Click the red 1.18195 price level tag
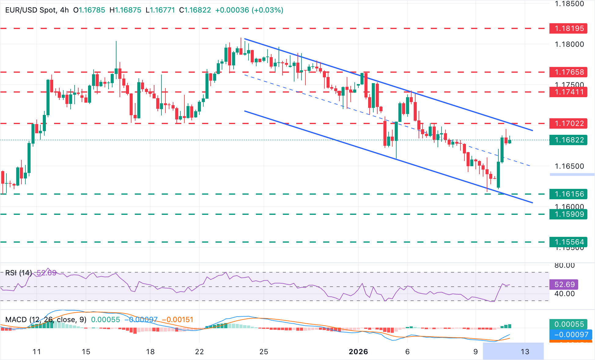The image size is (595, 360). (568, 28)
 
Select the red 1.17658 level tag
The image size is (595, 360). (568, 72)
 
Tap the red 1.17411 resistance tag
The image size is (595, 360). (568, 92)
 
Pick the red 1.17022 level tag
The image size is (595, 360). (568, 123)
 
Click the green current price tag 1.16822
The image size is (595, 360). (568, 140)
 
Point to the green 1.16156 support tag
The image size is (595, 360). (568, 194)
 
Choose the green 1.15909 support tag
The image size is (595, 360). (568, 214)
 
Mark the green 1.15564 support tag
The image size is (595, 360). (568, 242)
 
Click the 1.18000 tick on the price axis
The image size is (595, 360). (569, 44)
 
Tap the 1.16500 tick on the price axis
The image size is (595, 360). (569, 166)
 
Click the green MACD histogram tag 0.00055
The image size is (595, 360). (569, 324)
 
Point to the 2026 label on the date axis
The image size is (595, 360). (358, 352)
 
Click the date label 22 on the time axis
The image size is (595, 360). (199, 352)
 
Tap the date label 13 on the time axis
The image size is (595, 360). (525, 352)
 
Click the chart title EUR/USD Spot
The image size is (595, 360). (31, 10)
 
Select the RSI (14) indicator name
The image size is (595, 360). (19, 273)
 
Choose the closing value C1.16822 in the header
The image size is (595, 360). (195, 10)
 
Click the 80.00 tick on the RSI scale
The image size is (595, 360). (564, 265)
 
